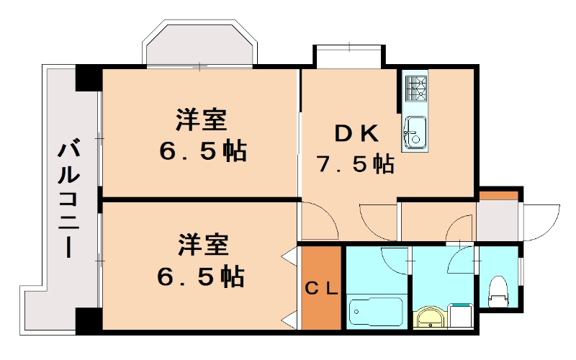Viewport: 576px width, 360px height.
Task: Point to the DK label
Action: (355, 133)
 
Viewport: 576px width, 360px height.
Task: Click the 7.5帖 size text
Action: (355, 164)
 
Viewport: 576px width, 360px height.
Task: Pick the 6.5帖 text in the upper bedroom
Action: (203, 151)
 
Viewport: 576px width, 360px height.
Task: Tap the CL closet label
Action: (321, 289)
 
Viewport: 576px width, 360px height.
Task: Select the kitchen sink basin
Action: (414, 132)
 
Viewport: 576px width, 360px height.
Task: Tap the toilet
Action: (498, 292)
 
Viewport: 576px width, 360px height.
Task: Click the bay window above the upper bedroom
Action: (199, 45)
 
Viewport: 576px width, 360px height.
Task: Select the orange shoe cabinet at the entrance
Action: (499, 195)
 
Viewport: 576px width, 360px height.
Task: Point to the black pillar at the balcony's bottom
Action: (86, 320)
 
